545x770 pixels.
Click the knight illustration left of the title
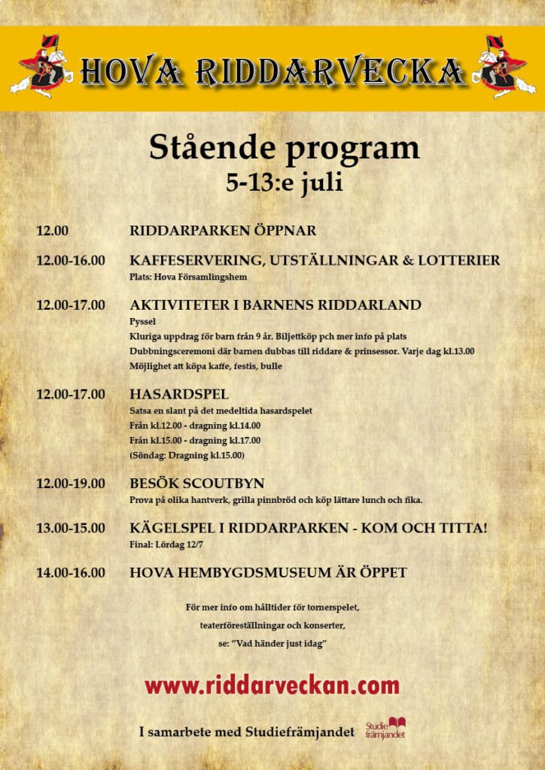pyautogui.click(x=41, y=68)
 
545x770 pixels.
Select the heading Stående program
pyautogui.click(x=284, y=147)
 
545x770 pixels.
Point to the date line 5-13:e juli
pyautogui.click(x=284, y=183)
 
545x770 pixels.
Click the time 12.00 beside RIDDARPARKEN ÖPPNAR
pyautogui.click(x=52, y=231)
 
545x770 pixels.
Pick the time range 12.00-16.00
pyautogui.click(x=71, y=261)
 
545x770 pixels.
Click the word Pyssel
pyautogui.click(x=142, y=321)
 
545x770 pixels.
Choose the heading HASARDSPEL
pyautogui.click(x=179, y=394)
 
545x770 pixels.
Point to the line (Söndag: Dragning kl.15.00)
pyautogui.click(x=187, y=456)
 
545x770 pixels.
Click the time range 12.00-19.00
pyautogui.click(x=71, y=484)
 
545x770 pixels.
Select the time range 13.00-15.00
pyautogui.click(x=71, y=529)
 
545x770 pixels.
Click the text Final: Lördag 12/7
pyautogui.click(x=166, y=544)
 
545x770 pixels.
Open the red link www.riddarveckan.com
pyautogui.click(x=272, y=685)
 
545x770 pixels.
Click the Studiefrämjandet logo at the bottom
pyautogui.click(x=385, y=728)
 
